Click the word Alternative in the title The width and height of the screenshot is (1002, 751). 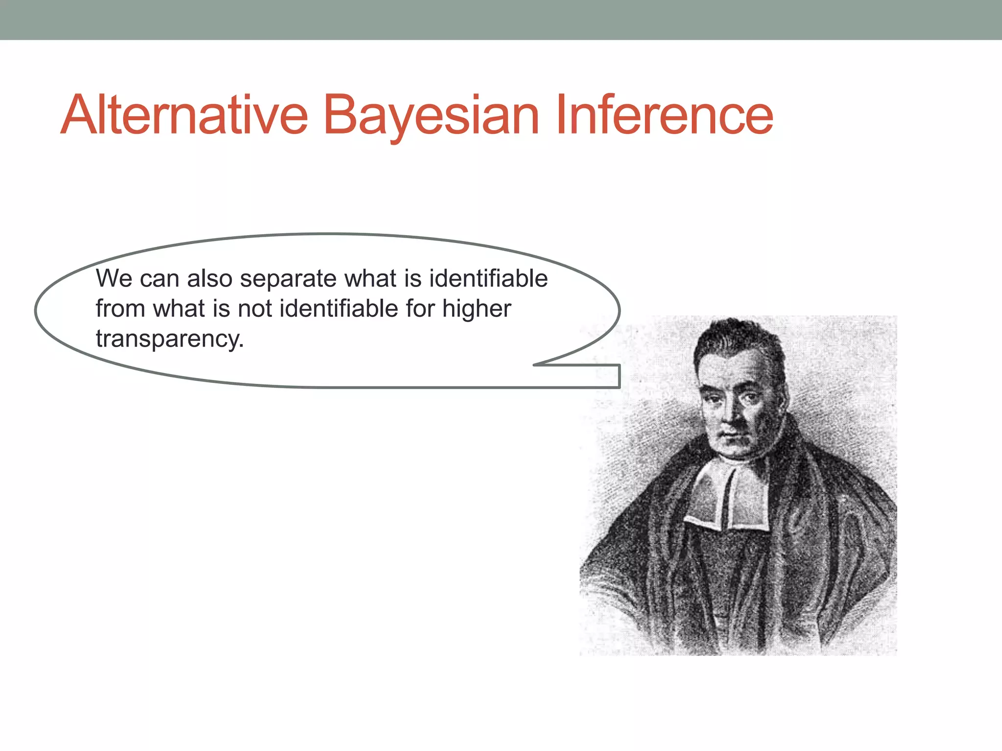tap(184, 115)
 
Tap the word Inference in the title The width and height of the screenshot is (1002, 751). tap(664, 115)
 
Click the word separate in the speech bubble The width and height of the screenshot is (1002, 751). tap(288, 279)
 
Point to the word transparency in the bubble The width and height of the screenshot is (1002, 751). tap(170, 339)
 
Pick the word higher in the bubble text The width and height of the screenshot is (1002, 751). tap(477, 309)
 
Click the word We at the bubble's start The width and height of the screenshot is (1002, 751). tap(114, 279)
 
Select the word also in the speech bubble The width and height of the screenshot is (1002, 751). tap(210, 279)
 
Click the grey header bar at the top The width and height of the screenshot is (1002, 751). tap(501, 20)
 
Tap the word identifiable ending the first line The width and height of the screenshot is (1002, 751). tap(488, 279)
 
